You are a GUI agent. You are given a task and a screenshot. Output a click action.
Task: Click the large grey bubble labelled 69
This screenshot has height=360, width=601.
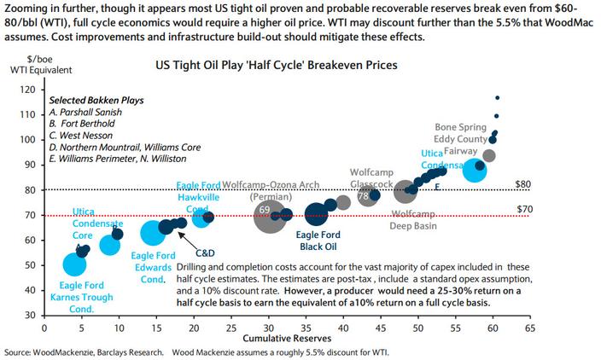point(269,214)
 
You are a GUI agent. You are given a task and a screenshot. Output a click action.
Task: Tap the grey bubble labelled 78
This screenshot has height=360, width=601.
point(368,196)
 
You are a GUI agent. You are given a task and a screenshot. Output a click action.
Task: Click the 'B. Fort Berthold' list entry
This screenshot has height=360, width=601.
point(81,124)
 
